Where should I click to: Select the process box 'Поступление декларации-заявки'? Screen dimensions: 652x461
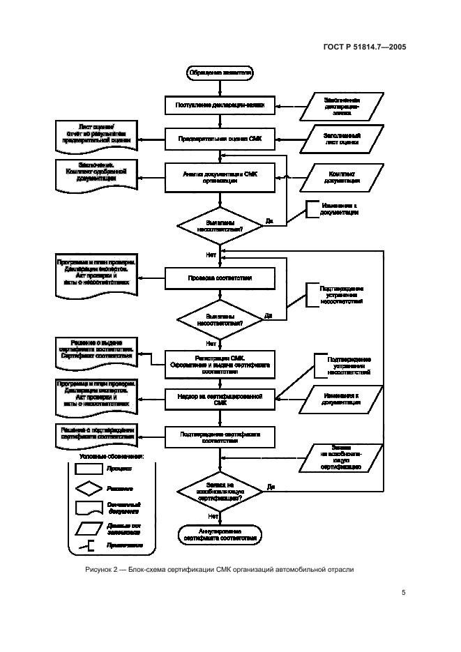220,105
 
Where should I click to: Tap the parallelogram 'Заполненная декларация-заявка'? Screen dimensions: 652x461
342,105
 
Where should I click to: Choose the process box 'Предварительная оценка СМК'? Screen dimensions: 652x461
220,138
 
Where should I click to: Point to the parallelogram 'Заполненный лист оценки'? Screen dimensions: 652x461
342,138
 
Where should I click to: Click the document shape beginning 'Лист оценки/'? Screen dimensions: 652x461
96,133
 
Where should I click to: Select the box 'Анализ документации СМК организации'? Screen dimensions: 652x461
220,176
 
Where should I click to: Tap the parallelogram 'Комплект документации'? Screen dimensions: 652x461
342,176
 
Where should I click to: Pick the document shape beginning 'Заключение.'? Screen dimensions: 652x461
96,172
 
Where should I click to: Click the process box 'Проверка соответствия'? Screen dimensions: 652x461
220,278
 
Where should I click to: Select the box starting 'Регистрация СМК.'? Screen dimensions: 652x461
220,363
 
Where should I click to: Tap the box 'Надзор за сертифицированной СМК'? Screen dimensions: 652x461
220,399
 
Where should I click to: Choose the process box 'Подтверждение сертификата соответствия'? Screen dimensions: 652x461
220,437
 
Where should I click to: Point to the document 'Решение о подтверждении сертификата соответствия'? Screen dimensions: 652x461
96,433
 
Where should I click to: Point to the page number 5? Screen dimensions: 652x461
404,593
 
